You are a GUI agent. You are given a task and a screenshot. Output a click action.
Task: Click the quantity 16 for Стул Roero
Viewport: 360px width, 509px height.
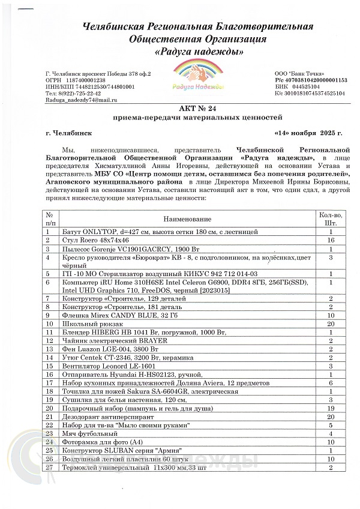(x=331, y=239)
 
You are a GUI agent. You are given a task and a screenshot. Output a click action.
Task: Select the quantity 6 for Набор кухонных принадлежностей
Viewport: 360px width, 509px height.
(x=331, y=382)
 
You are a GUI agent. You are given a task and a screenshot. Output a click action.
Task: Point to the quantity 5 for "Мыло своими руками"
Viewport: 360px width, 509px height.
(x=331, y=424)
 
